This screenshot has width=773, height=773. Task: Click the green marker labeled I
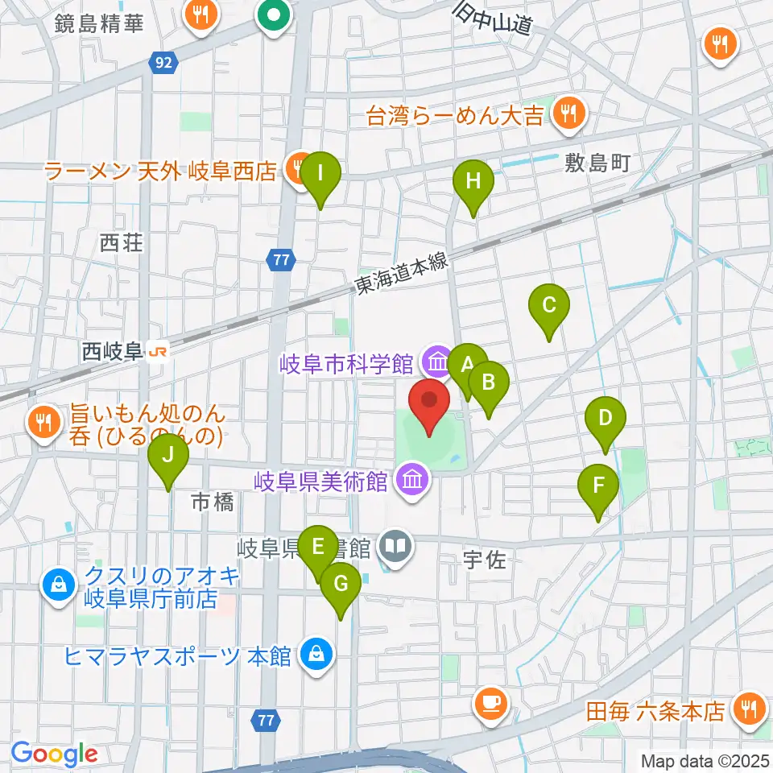(x=320, y=174)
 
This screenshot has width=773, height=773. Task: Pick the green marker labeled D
(x=606, y=419)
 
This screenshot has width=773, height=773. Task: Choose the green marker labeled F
(x=598, y=486)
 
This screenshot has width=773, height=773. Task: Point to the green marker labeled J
(x=168, y=456)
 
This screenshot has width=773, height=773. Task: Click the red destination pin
(x=429, y=403)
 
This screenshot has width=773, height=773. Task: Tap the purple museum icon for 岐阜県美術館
(x=412, y=482)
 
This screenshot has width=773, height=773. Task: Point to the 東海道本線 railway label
(x=401, y=275)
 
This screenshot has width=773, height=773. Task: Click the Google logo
(x=55, y=754)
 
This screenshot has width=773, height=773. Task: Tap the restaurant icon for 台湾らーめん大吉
(x=568, y=115)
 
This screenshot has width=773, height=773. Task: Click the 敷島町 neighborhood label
(x=595, y=163)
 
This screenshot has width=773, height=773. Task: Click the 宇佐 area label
(x=485, y=560)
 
